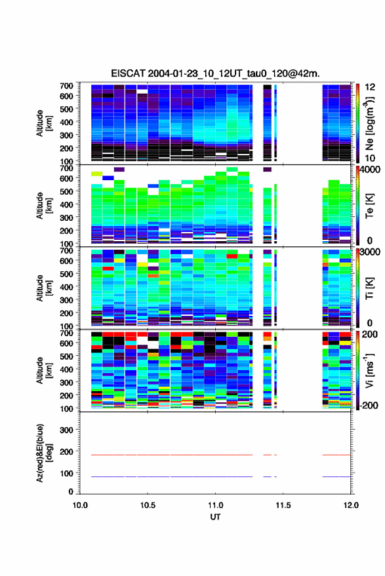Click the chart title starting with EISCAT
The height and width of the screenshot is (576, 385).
click(215, 73)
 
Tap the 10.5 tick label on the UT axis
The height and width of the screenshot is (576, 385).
click(148, 505)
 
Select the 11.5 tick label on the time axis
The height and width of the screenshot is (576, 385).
click(283, 505)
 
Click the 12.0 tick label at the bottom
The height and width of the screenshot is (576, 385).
click(351, 505)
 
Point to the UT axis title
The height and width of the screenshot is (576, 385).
click(215, 517)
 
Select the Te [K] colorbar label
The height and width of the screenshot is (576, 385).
click(369, 206)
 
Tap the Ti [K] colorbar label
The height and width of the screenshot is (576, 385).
click(369, 288)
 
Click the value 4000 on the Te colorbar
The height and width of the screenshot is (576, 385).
click(370, 170)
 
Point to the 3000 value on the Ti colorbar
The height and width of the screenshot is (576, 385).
click(370, 252)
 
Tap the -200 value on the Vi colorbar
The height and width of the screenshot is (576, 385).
click(368, 406)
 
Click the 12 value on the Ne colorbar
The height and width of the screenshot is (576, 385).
click(370, 87)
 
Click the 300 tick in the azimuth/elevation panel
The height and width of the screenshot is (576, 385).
click(66, 430)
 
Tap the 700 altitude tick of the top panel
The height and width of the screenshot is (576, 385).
click(66, 86)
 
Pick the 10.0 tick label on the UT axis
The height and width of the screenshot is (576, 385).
click(80, 505)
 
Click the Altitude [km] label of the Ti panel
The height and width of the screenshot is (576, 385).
click(44, 288)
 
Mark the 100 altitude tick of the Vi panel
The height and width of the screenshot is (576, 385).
click(66, 408)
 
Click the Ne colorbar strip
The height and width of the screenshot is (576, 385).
click(357, 123)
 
